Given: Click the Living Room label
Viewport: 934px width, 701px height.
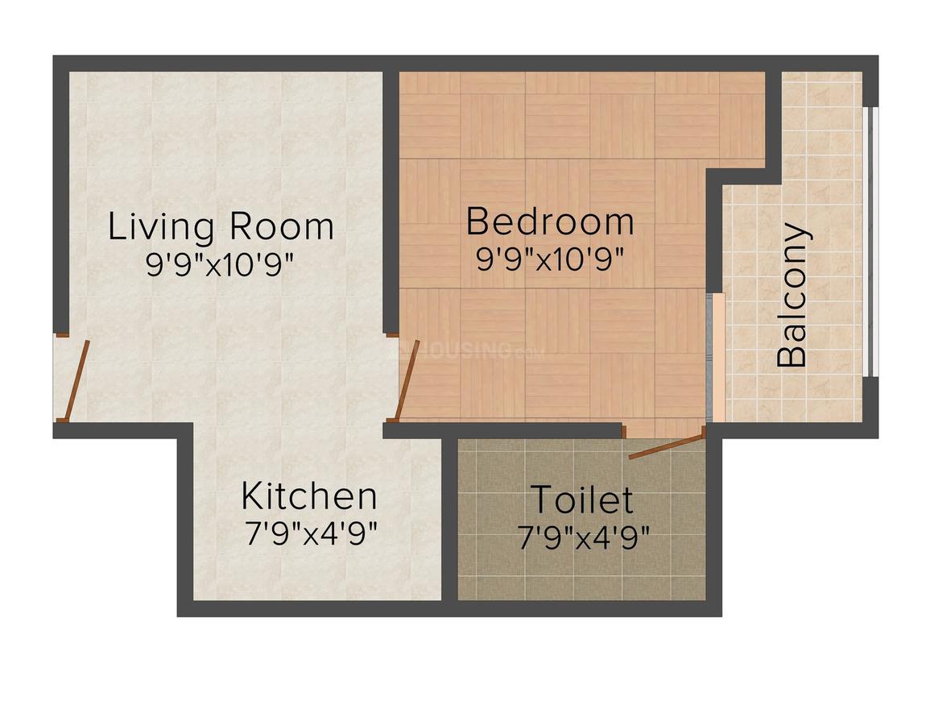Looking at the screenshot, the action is click(221, 228).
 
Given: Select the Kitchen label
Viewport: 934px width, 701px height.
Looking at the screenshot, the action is click(309, 496).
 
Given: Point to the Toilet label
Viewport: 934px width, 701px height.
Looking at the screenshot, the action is click(581, 500).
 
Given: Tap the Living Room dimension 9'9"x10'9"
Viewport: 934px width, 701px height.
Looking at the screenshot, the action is click(221, 263).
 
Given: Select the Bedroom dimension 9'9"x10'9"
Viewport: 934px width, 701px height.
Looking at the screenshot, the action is click(550, 258).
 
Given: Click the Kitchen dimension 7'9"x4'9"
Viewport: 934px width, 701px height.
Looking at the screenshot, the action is click(312, 534).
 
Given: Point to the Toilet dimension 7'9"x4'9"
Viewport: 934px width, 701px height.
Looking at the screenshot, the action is click(583, 537).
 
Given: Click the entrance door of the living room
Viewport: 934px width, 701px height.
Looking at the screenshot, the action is click(76, 380).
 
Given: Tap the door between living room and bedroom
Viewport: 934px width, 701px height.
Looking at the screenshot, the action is click(408, 380).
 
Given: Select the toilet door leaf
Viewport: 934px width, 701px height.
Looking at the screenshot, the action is click(667, 447).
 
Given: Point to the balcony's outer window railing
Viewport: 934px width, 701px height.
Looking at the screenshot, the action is click(871, 242).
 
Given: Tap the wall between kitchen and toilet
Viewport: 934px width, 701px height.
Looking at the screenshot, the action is click(450, 519).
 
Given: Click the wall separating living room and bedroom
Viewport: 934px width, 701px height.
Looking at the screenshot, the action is click(391, 203).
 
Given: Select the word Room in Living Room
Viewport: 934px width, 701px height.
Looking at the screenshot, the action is click(283, 226).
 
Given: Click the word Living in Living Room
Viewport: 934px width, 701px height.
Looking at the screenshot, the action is click(161, 228).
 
